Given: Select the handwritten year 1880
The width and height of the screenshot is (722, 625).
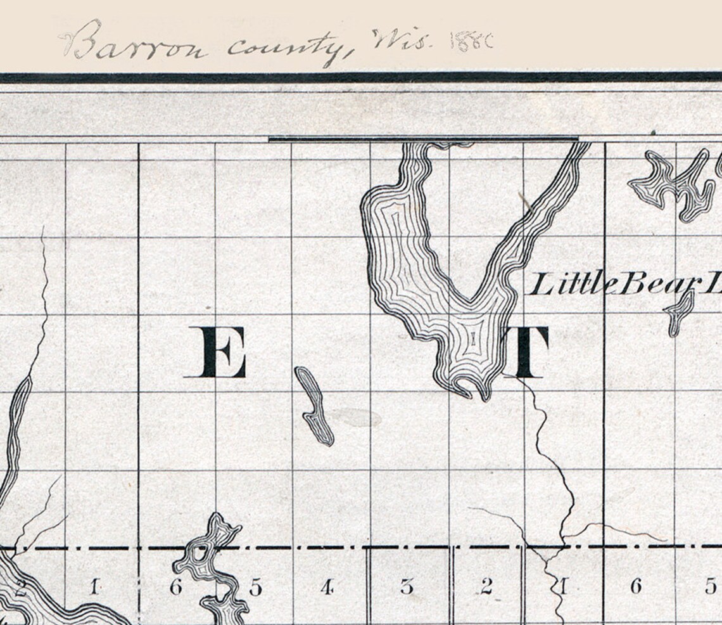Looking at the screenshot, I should tap(471, 42).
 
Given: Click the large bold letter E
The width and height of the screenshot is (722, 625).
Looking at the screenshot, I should tap(215, 352).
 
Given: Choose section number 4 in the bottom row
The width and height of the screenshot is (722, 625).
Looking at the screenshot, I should tap(327, 588).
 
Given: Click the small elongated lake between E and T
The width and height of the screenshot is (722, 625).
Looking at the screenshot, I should tap(314, 406).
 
